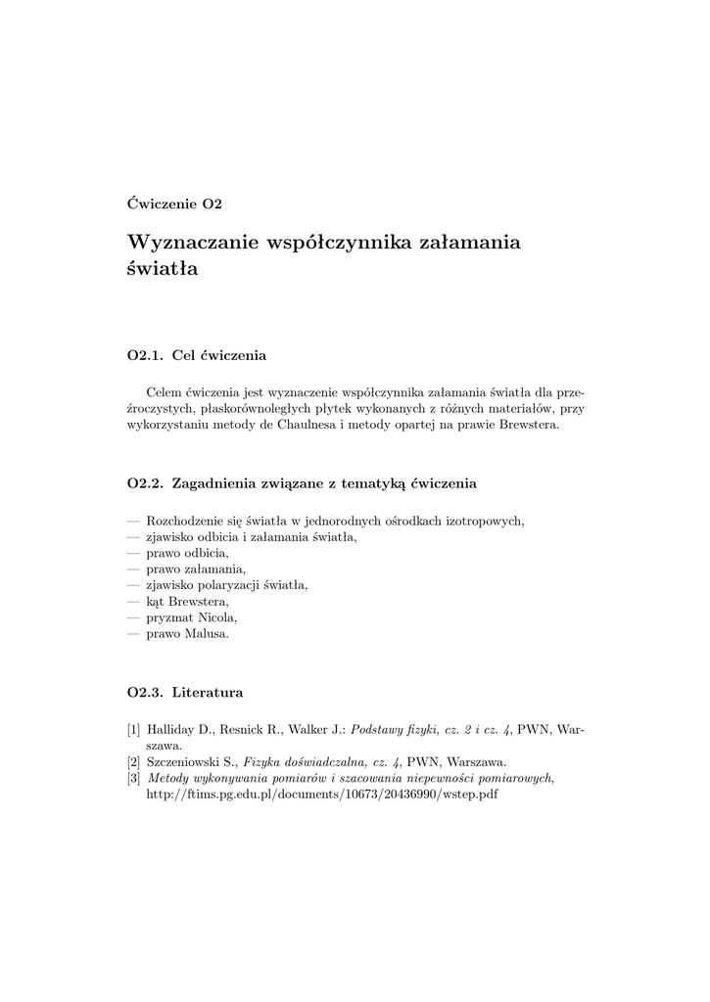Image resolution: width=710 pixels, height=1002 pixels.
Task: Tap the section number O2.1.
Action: pos(145,354)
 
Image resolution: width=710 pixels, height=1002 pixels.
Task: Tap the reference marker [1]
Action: pos(134,730)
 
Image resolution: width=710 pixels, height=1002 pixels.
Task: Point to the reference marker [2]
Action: pos(134,761)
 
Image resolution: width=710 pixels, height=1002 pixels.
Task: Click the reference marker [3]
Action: pos(134,778)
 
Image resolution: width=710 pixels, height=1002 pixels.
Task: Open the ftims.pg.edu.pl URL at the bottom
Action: pos(321,794)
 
